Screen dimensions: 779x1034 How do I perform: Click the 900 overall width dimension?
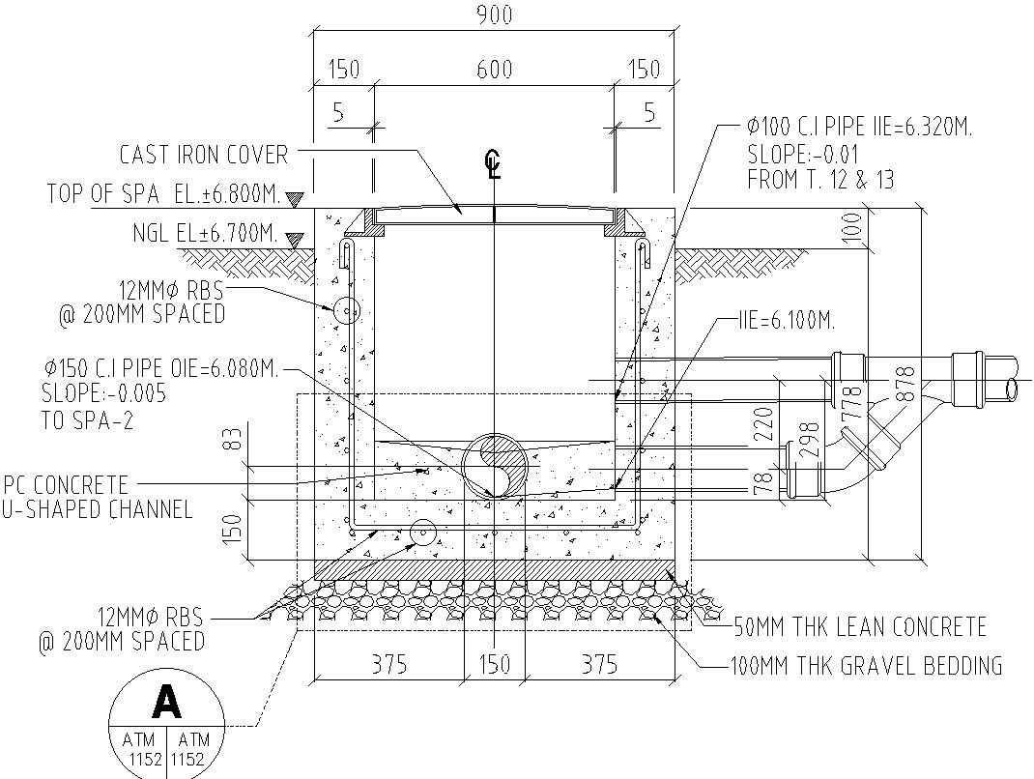(494, 14)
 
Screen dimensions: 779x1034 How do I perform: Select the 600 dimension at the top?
(494, 70)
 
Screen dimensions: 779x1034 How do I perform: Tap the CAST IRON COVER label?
(203, 155)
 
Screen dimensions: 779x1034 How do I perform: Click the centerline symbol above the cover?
(494, 167)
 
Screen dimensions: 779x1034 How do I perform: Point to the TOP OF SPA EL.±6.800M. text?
(164, 194)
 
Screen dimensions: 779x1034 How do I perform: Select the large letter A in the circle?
(167, 703)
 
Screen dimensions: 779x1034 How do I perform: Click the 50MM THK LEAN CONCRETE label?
(860, 626)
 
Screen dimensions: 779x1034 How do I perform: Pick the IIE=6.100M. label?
(785, 320)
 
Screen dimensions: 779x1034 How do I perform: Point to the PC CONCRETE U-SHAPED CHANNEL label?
(98, 496)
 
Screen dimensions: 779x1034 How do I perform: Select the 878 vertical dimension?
(904, 385)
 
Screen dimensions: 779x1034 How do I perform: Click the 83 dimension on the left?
(231, 441)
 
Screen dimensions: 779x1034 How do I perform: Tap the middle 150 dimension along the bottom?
(494, 664)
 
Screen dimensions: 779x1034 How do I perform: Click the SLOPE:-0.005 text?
(103, 394)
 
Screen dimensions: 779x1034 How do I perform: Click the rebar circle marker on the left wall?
(345, 311)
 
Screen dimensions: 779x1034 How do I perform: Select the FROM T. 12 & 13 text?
(820, 180)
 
